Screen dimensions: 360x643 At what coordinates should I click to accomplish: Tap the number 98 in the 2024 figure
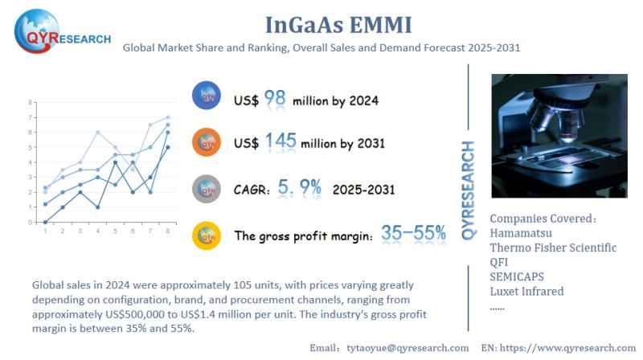pyautogui.click(x=275, y=99)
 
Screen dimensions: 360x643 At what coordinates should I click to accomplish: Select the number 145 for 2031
pyautogui.click(x=276, y=142)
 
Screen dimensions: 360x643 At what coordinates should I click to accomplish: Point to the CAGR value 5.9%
pyautogui.click(x=299, y=189)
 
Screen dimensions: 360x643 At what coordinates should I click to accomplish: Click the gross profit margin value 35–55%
pyautogui.click(x=414, y=233)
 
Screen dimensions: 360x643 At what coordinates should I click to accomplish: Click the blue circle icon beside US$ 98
pyautogui.click(x=207, y=96)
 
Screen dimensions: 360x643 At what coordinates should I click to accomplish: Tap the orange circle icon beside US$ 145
pyautogui.click(x=207, y=141)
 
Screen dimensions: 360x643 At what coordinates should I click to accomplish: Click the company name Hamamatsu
pyautogui.click(x=526, y=233)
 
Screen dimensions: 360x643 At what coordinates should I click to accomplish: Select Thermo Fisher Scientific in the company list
pyautogui.click(x=553, y=247)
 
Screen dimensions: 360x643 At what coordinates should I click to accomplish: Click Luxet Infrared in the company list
pyautogui.click(x=526, y=291)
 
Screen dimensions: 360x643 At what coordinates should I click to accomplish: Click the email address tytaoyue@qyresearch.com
pyautogui.click(x=407, y=348)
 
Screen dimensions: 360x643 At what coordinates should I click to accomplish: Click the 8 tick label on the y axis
pyautogui.click(x=30, y=103)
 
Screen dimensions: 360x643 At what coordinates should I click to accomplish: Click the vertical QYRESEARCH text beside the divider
pyautogui.click(x=469, y=190)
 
